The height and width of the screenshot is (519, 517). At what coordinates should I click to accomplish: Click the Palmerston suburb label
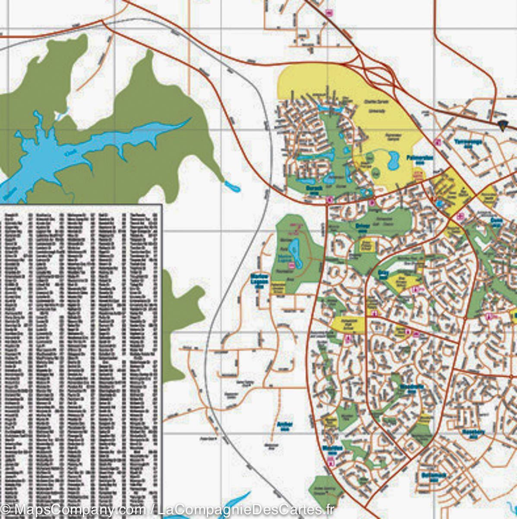point(419,158)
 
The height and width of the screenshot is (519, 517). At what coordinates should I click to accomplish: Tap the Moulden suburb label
point(332,449)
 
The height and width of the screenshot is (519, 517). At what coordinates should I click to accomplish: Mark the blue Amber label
point(285,426)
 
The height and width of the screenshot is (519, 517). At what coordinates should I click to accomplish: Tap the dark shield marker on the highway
point(502,126)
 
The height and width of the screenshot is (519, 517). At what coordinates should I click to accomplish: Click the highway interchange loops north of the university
point(380,74)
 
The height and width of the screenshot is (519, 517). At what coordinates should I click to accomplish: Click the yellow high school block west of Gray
point(348,324)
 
